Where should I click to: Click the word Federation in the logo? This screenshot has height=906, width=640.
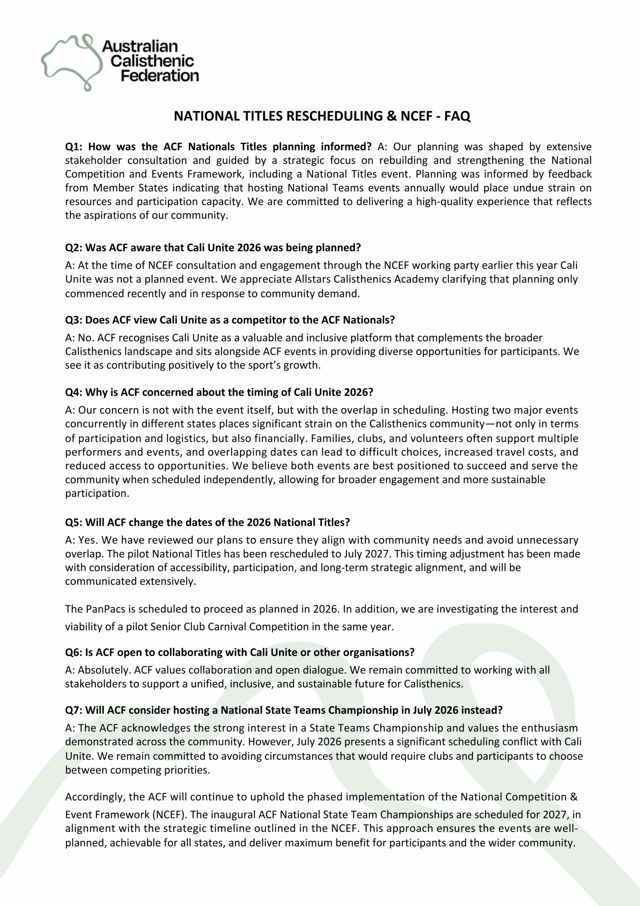click(x=160, y=75)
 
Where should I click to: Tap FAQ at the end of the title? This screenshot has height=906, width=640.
click(x=458, y=116)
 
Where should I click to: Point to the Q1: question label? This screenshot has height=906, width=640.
click(x=74, y=147)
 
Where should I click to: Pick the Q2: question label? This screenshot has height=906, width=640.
click(x=74, y=248)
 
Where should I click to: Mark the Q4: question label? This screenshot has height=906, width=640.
click(x=74, y=392)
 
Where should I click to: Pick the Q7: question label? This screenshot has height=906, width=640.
click(x=74, y=710)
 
